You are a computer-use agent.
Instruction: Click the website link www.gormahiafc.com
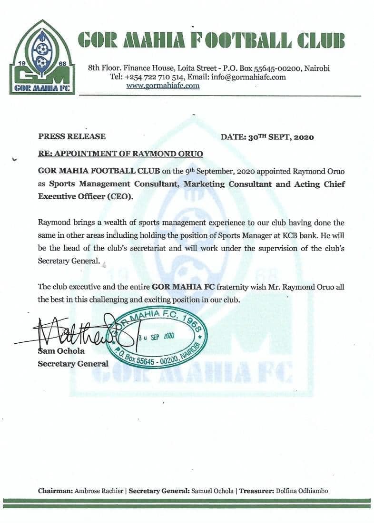(163, 86)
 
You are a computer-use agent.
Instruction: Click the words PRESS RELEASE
(72, 136)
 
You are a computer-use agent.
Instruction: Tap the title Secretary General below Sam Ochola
(73, 364)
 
